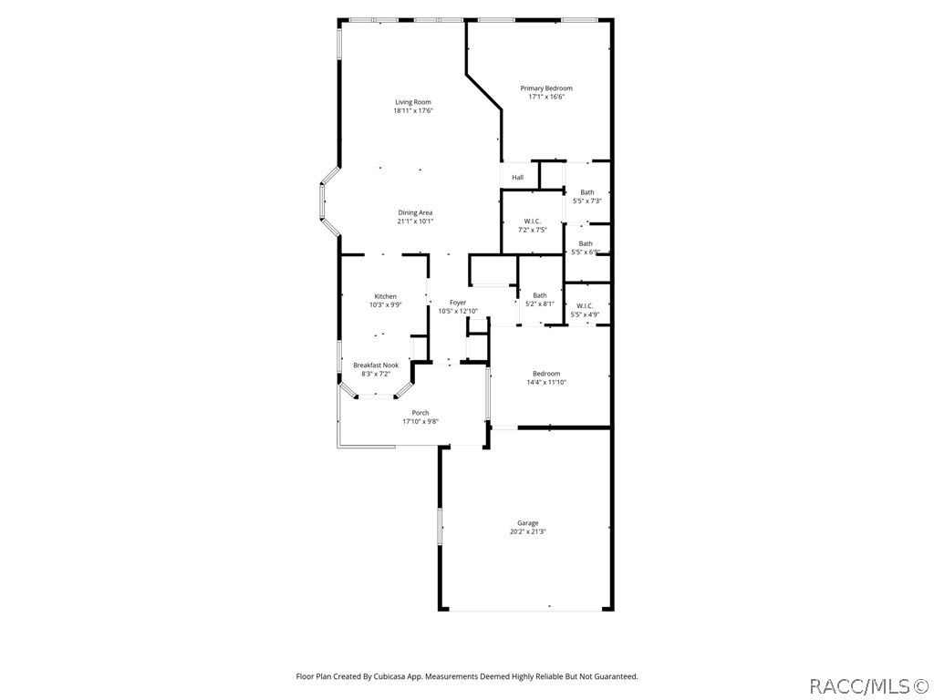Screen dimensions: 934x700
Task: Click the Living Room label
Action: click(413, 102)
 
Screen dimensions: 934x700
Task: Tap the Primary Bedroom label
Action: click(546, 88)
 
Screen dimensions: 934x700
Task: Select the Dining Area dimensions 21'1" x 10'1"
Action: click(415, 221)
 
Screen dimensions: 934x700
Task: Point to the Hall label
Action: click(518, 178)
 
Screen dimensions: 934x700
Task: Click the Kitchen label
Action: click(386, 296)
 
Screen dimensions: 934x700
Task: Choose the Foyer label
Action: click(458, 303)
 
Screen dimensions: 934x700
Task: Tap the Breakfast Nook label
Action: click(376, 365)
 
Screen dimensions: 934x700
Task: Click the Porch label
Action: click(420, 413)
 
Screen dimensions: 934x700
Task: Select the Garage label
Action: click(528, 523)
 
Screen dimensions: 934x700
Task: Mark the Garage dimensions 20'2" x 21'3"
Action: click(528, 532)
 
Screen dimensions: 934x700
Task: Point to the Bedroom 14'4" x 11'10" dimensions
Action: click(546, 382)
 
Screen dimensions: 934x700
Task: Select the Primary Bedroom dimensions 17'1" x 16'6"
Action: click(546, 97)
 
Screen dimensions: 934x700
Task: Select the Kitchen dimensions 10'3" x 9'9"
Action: click(386, 304)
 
